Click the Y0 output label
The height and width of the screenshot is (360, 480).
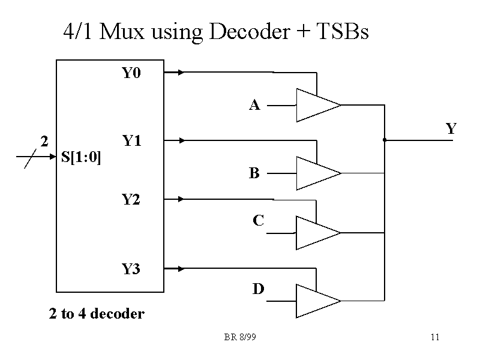coord(131,74)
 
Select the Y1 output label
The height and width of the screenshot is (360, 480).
coord(131,142)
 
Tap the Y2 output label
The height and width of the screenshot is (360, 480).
coord(131,200)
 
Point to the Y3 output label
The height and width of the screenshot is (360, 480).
coord(131,269)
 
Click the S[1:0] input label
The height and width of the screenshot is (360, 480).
coord(81,158)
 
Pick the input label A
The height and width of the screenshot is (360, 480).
coord(254,106)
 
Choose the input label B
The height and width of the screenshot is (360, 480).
coord(254,174)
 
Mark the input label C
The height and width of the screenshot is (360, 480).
coord(258,221)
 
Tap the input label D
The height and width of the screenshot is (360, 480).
coord(258,290)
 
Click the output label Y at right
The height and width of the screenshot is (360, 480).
coord(451,128)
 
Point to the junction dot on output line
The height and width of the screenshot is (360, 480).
coord(384,140)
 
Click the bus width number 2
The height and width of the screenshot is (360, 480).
coord(43,142)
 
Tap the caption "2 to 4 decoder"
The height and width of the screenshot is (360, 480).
coord(97,314)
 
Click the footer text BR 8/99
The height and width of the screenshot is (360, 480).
coord(240,337)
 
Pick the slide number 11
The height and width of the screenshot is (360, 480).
coord(435,337)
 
